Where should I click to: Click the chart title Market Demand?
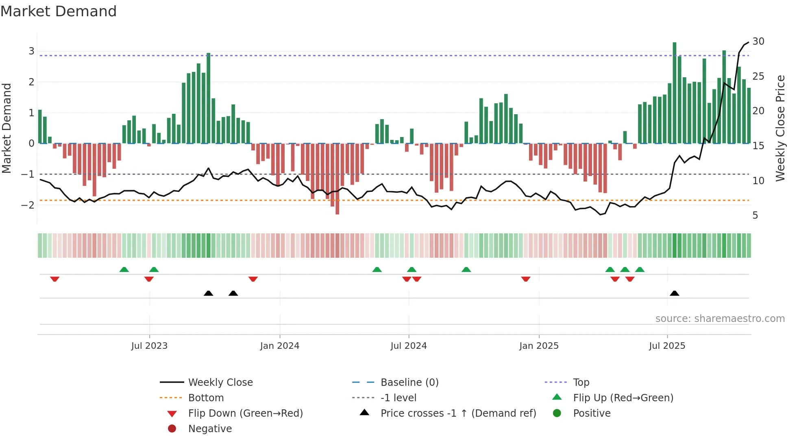pos(59,11)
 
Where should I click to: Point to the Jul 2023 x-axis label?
pos(149,346)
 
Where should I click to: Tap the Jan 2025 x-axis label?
pos(539,346)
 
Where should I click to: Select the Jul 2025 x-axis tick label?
pos(667,346)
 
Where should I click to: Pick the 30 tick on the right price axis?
pos(758,41)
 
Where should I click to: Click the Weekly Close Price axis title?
pos(780,128)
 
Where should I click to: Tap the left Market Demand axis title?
pos(7,128)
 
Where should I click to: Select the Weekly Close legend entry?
pos(220,383)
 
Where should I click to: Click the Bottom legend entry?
pos(206,398)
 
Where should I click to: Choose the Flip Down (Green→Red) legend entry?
pos(245,413)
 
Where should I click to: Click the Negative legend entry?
pos(210,429)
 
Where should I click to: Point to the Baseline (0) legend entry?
pos(409,383)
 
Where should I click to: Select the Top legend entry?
pos(581,383)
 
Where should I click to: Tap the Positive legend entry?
pos(592,413)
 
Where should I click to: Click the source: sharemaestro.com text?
pos(720,319)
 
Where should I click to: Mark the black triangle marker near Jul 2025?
pos(674,293)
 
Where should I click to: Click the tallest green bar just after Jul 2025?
pos(674,93)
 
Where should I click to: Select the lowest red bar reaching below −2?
pos(337,179)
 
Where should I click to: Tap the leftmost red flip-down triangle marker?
pos(55,279)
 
